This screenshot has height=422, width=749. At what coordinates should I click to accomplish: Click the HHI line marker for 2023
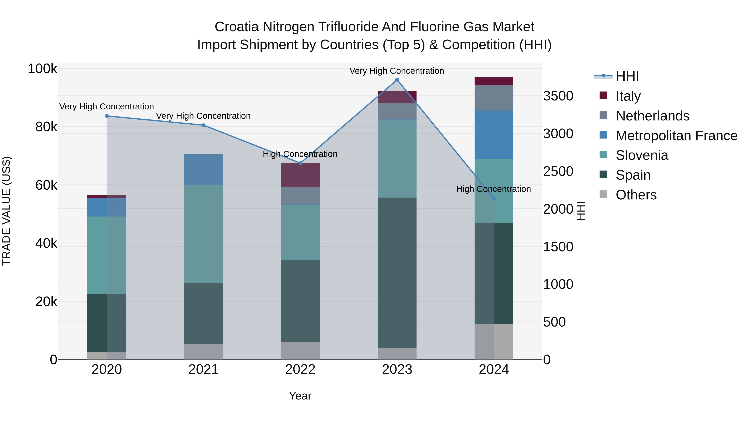click(397, 80)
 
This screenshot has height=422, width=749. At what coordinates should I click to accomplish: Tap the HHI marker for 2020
click(107, 116)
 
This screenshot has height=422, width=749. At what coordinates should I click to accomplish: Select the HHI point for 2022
click(300, 163)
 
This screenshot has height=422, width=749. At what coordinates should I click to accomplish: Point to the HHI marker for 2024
click(494, 198)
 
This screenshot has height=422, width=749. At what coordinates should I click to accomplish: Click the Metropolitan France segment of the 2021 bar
click(203, 169)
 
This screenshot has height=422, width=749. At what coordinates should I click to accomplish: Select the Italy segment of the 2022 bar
click(300, 175)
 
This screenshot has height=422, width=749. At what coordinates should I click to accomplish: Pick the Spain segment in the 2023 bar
click(397, 272)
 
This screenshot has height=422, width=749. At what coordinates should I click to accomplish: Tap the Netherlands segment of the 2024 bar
click(494, 98)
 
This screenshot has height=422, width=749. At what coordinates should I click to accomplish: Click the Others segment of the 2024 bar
click(494, 342)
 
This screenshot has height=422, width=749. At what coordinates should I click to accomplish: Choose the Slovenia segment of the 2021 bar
click(203, 234)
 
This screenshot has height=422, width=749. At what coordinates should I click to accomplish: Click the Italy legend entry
click(628, 96)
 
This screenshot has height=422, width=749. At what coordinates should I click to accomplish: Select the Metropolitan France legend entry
click(676, 136)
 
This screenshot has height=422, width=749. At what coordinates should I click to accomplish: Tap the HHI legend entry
click(627, 76)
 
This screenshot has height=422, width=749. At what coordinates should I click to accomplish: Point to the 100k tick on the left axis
click(42, 69)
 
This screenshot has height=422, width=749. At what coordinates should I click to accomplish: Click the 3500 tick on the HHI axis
click(558, 96)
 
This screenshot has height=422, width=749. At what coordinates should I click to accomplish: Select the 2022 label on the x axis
click(300, 369)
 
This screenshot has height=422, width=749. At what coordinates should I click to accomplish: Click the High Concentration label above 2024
click(494, 189)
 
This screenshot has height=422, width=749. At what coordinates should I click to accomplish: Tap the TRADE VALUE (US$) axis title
click(7, 211)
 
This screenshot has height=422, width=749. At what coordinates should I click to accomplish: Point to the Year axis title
click(300, 396)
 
